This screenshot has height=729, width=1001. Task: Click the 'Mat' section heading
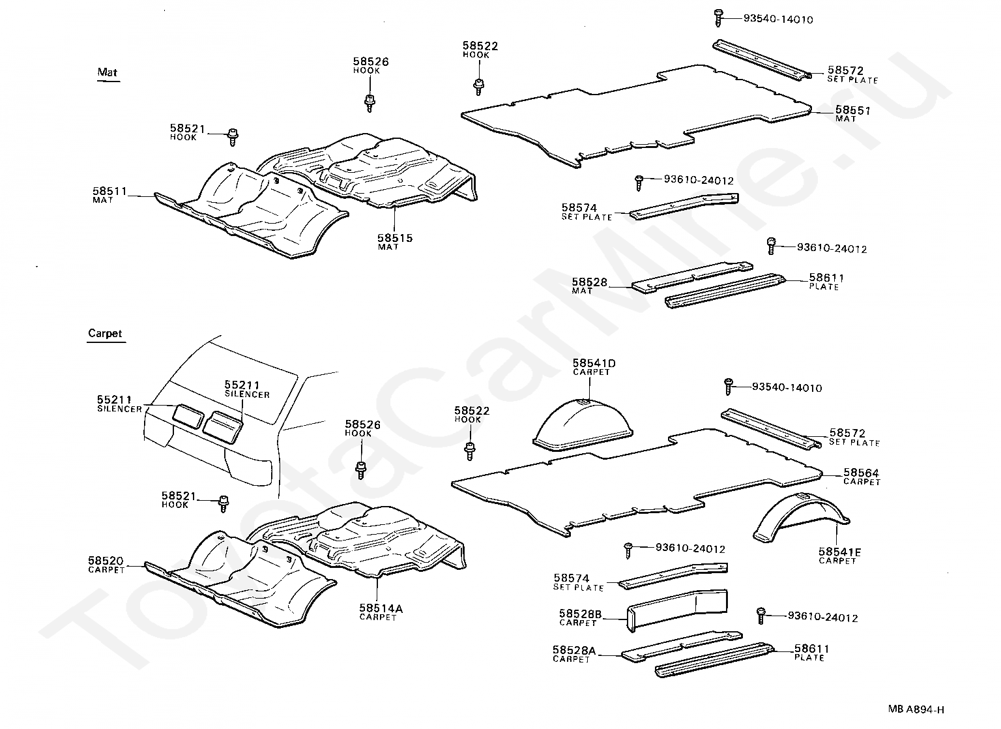pos(108,72)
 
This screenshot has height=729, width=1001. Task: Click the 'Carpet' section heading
pos(105,333)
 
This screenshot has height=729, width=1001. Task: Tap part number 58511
pos(109,191)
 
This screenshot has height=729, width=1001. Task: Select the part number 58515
pos(395,239)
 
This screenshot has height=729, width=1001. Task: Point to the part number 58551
pos(852,111)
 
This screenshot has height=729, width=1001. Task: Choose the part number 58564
pos(861,473)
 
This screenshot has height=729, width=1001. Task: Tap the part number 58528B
pos(580,614)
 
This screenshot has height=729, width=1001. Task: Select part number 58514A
pos(381,608)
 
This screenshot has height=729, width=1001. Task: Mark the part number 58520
pos(106,561)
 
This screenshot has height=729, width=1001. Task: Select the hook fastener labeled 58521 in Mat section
pos(232,134)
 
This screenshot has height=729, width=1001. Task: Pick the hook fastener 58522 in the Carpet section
pos(469,450)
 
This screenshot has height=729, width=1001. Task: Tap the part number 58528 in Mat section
pos(590,282)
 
